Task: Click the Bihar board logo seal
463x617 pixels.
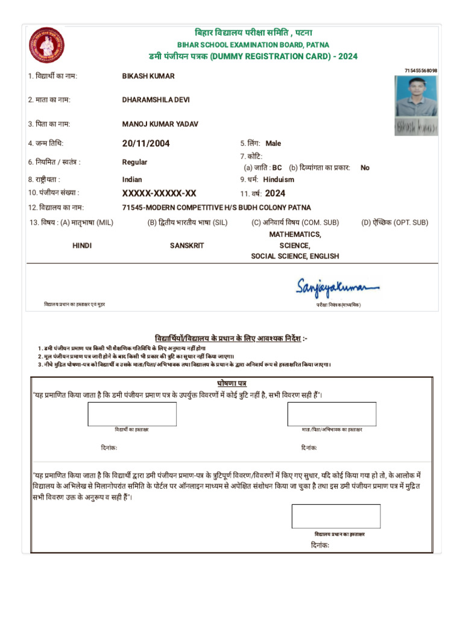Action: click(x=47, y=46)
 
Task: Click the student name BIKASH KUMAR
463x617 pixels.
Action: click(x=148, y=77)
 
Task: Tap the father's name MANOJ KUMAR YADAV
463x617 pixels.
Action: click(x=160, y=124)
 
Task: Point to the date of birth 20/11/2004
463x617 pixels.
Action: click(x=146, y=143)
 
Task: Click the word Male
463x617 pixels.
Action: click(x=273, y=143)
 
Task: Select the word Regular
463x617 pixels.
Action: click(x=134, y=162)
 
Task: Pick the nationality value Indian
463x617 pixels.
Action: click(x=132, y=180)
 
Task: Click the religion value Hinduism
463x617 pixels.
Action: click(x=279, y=180)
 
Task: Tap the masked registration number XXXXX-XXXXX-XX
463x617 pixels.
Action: click(x=159, y=193)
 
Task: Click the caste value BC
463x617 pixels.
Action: click(x=277, y=168)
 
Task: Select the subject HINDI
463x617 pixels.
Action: click(x=82, y=246)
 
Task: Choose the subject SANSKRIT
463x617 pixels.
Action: click(x=187, y=246)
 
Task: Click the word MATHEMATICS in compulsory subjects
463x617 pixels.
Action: click(x=295, y=234)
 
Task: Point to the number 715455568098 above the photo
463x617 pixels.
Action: click(x=421, y=71)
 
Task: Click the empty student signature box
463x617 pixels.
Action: click(x=132, y=414)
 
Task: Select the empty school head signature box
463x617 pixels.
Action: click(x=336, y=516)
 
